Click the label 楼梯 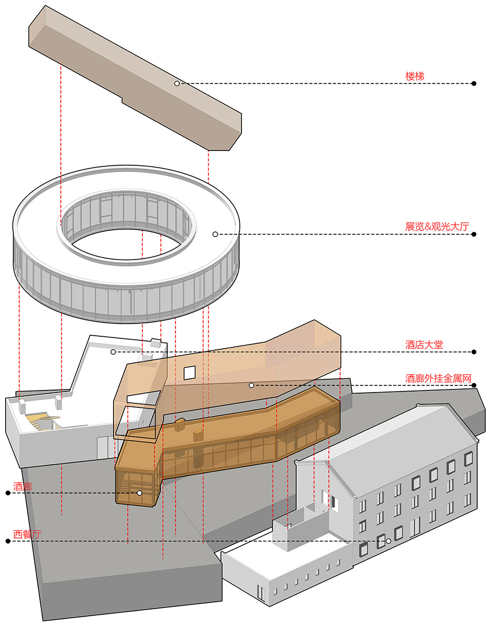415,76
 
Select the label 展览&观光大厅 437,227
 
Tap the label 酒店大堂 424,344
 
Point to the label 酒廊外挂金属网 438,378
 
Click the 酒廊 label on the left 23,486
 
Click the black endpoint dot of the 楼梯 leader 474,83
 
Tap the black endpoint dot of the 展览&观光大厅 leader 474,234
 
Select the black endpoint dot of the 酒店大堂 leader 474,352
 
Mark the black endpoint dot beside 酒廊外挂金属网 474,385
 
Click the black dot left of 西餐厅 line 8,541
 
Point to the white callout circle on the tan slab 177,83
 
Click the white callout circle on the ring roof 215,234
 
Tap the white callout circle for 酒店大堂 114,352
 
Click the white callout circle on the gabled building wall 388,541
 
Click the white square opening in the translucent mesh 189,373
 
